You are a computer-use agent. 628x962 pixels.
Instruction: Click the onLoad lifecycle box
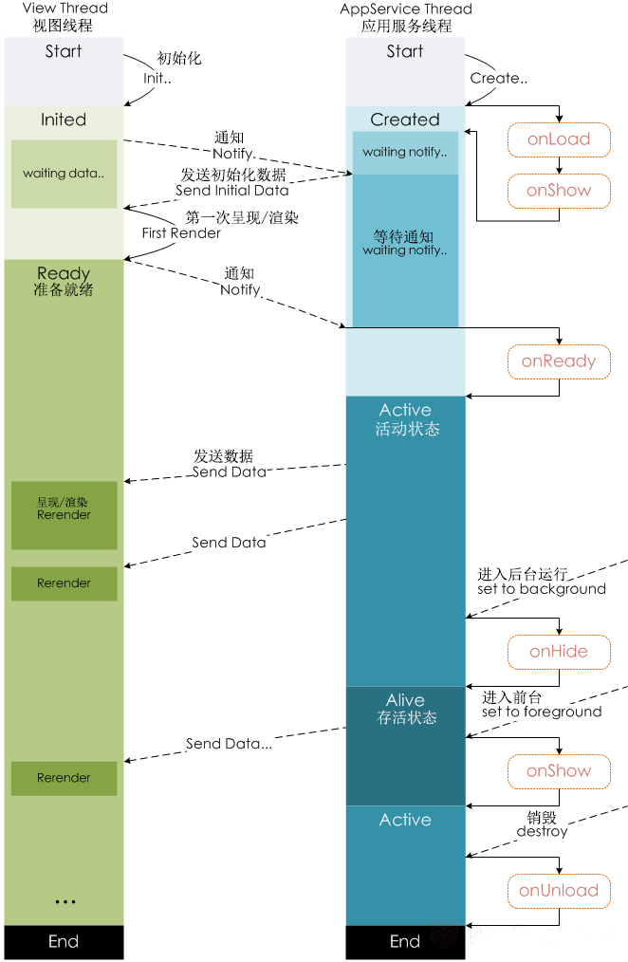[x=559, y=139]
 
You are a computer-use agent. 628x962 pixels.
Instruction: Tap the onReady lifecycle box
[x=559, y=362]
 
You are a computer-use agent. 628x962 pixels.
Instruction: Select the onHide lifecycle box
[x=559, y=652]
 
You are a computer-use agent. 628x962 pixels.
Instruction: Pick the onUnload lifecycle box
[x=559, y=892]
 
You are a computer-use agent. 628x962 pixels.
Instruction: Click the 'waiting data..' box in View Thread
[x=64, y=174]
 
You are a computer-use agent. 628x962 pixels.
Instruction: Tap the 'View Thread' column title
[x=65, y=8]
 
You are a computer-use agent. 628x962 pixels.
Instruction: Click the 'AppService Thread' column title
[x=406, y=9]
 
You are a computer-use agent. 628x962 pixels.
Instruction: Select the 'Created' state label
[x=405, y=120]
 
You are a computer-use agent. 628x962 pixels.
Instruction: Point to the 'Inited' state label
[x=64, y=120]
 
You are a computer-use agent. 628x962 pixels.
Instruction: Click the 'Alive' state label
[x=405, y=700]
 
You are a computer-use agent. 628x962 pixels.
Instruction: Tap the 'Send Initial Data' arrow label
[x=231, y=191]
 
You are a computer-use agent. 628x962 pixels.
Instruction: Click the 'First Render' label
[x=181, y=233]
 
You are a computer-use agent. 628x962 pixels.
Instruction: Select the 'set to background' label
[x=542, y=589]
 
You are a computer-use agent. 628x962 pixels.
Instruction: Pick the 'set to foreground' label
[x=542, y=712]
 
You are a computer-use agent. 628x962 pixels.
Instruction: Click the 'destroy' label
[x=542, y=831]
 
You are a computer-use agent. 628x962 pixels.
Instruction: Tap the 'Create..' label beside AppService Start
[x=499, y=79]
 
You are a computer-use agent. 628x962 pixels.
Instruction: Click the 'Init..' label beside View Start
[x=157, y=79]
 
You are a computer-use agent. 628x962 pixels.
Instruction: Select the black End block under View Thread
[x=64, y=942]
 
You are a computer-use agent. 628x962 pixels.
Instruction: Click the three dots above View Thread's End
[x=65, y=902]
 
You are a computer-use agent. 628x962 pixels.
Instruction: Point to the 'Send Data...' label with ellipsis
[x=229, y=744]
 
